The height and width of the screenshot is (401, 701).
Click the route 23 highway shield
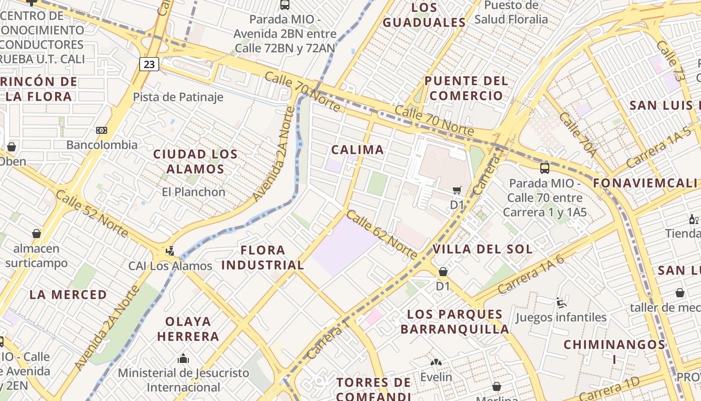click(149, 64)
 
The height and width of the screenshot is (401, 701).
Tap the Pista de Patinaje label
click(178, 97)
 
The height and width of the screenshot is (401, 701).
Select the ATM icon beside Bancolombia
click(102, 130)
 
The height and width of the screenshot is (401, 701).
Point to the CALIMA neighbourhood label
click(358, 149)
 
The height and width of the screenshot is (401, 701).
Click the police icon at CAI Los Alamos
click(170, 251)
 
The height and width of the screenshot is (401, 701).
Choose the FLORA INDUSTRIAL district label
click(262, 257)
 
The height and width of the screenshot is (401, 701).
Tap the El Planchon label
click(193, 191)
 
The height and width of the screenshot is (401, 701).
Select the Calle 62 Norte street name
click(382, 235)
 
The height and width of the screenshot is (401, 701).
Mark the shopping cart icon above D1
click(457, 190)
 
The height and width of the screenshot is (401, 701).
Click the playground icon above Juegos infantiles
click(561, 303)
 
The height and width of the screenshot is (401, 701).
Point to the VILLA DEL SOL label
click(482, 249)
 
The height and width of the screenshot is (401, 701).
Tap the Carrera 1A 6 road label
click(531, 274)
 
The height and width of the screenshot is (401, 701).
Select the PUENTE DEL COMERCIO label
click(466, 88)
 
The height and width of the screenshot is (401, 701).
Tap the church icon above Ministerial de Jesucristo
click(183, 358)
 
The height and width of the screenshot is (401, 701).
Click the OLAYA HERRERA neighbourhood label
click(188, 328)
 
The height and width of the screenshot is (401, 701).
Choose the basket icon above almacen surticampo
click(36, 234)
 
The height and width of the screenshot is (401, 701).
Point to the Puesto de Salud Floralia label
click(511, 12)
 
